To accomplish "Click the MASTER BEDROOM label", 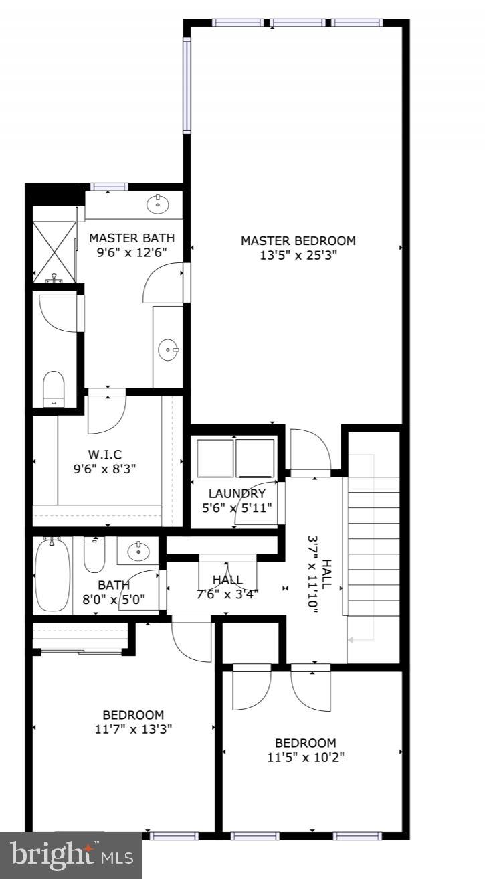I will coord(298,240).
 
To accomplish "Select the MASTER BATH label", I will coord(132,238).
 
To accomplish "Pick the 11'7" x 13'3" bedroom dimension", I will coord(133,729).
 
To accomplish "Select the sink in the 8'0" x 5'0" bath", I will coord(139,551).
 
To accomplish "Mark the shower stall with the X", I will coord(55,249).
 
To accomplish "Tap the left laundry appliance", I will coord(214,458).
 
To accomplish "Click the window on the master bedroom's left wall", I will coord(187,85).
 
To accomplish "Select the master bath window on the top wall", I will coord(109,187).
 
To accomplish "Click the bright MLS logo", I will coord(71,856).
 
